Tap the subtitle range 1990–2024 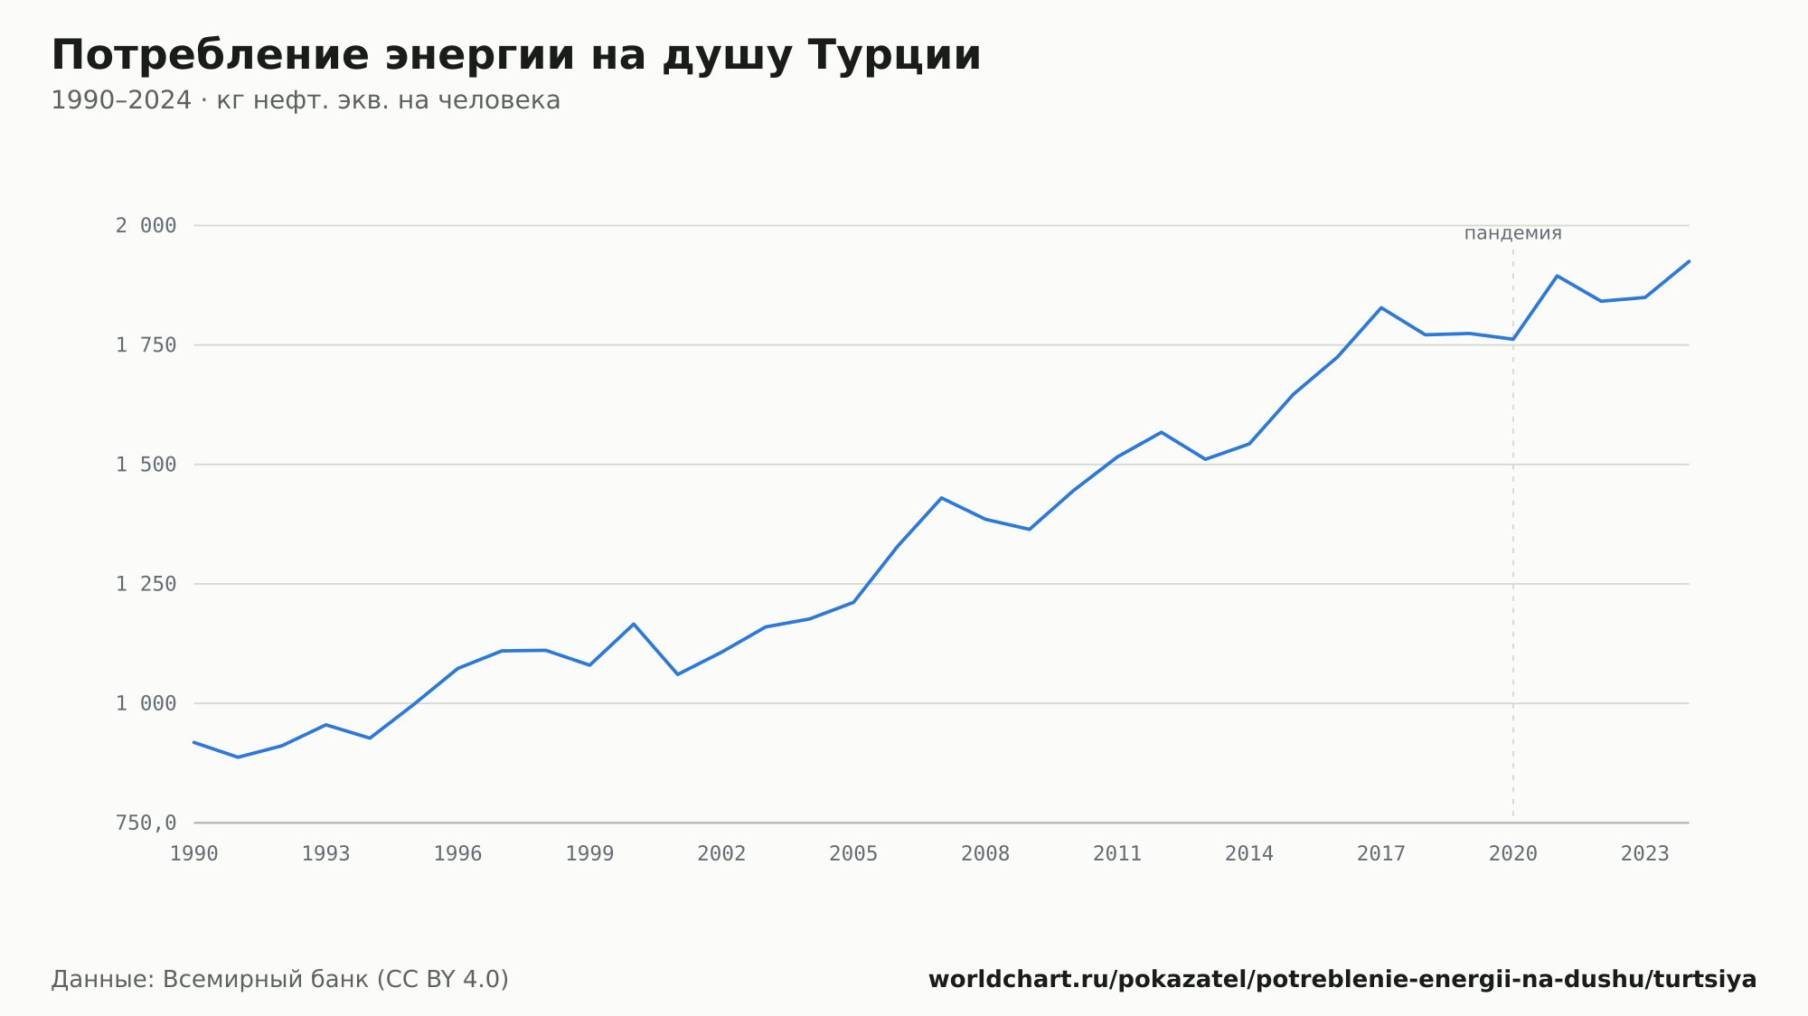121,100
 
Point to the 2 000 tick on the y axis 146,226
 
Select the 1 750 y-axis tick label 146,345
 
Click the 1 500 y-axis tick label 146,465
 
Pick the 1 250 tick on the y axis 146,584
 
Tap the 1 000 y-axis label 146,703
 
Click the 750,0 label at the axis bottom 146,823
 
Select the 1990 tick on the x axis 194,854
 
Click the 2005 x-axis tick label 853,854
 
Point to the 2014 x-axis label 1249,854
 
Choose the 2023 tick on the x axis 1645,854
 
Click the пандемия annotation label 1513,234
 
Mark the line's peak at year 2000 634,624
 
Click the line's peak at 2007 942,498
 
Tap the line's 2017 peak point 1381,307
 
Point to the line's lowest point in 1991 238,757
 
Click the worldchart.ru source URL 1342,980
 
